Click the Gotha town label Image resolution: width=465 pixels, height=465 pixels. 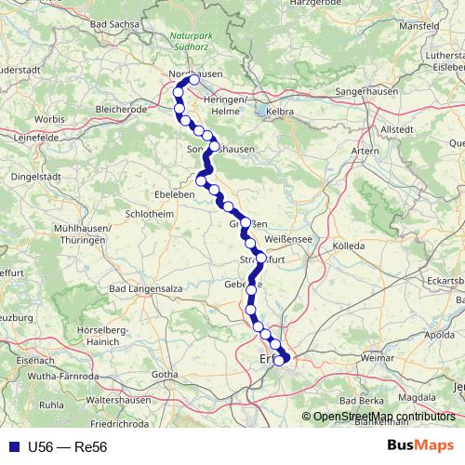click(165, 374)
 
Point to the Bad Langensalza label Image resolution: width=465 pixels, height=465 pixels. click(145, 290)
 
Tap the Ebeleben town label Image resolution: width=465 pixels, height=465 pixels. click(175, 195)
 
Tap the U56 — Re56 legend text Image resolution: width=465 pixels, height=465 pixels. click(68, 446)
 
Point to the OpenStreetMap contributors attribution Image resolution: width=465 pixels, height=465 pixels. click(384, 416)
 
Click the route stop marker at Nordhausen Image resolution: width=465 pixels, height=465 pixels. click(193, 80)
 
